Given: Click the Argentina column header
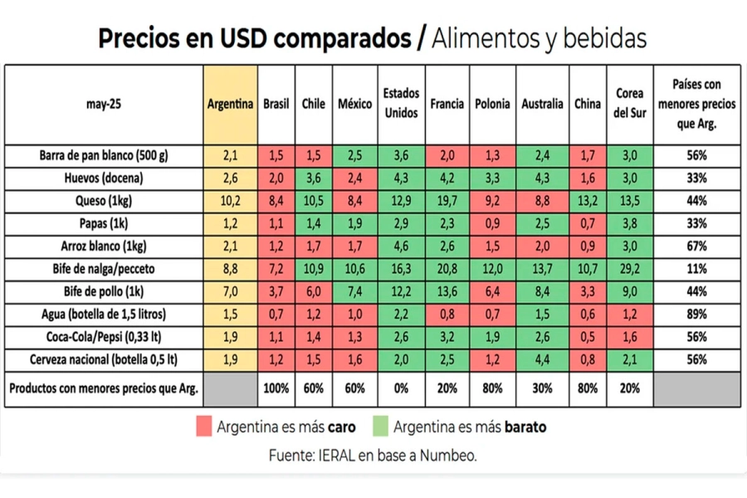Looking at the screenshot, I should tap(231, 105).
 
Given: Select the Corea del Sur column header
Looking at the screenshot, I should tap(630, 105).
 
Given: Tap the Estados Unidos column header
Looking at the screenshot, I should tap(402, 105).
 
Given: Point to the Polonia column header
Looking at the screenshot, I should tap(492, 105).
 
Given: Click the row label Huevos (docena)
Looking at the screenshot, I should tap(103, 178).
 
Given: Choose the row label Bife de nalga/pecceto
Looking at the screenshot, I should tap(103, 269).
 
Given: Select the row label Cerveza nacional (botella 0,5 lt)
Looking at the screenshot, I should tap(103, 359).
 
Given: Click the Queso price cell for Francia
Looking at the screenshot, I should tap(447, 201).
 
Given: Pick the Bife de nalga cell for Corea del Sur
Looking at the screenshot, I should tap(630, 269).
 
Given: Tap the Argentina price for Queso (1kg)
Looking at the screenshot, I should tap(231, 201).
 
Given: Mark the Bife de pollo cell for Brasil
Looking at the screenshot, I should tap(276, 291).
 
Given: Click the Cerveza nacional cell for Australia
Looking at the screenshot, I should tap(542, 359).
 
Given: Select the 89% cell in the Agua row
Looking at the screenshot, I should tap(696, 315).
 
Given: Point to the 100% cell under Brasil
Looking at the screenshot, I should tap(276, 388).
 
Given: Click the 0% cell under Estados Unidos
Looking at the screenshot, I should tap(402, 388).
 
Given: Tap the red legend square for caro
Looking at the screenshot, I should tap(205, 427).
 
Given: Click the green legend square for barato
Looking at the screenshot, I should tap(382, 427).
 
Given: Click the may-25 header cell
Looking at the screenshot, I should tap(103, 105).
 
